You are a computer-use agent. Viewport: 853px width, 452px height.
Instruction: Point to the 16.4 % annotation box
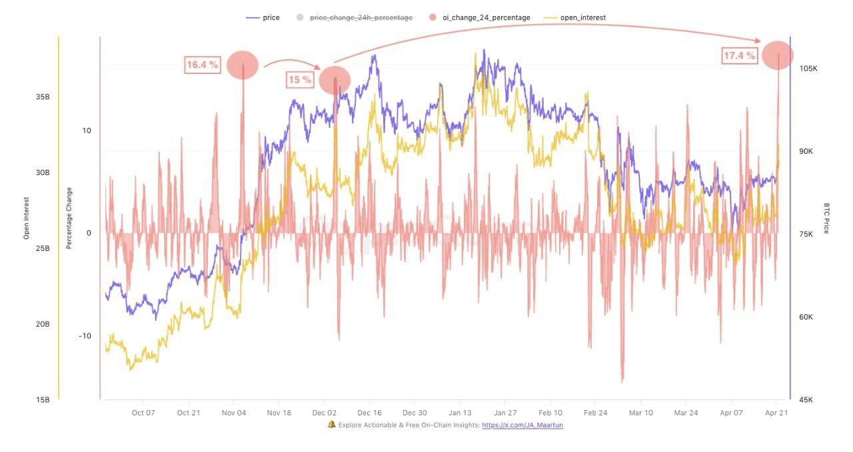tap(203, 65)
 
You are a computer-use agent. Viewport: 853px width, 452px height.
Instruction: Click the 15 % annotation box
tap(300, 80)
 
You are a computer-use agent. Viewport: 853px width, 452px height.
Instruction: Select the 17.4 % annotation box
tap(740, 56)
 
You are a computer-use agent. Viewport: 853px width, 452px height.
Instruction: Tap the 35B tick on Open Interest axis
tap(43, 97)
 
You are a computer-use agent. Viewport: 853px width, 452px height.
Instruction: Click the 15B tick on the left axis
tap(43, 400)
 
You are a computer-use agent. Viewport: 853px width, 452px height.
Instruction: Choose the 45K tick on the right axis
tap(805, 400)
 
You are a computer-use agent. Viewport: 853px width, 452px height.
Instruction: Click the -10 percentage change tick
tap(85, 336)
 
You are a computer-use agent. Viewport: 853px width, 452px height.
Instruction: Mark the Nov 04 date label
tap(234, 413)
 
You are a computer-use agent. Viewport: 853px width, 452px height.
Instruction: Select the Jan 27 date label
tap(505, 413)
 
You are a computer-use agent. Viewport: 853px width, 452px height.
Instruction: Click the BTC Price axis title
tap(826, 218)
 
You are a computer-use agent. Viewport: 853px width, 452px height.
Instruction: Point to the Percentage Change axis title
tap(69, 218)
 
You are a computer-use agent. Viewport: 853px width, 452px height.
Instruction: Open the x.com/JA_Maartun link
tap(522, 425)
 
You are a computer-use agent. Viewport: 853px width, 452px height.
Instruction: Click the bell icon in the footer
tap(331, 425)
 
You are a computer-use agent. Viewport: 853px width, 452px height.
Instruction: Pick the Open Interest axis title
tap(27, 218)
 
